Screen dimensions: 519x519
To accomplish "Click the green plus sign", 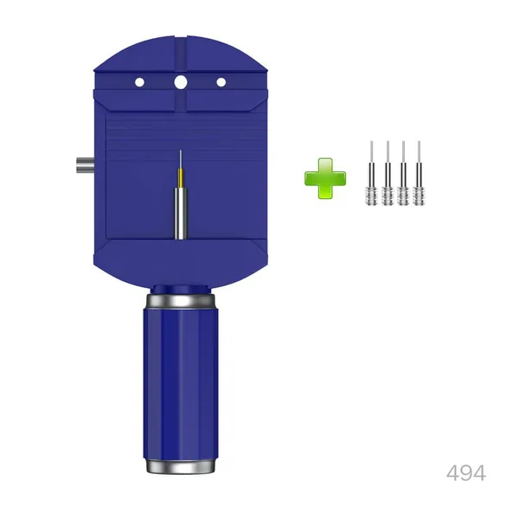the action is click(x=325, y=178).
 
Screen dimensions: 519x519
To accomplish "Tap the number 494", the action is click(x=466, y=473).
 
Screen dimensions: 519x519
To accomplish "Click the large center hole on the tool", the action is click(x=181, y=82).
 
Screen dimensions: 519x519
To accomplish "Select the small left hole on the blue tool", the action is click(x=139, y=82).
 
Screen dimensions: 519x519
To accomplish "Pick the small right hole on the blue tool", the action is click(x=221, y=82).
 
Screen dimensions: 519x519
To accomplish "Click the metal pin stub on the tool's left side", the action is click(x=86, y=165).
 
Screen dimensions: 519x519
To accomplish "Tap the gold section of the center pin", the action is click(x=181, y=178).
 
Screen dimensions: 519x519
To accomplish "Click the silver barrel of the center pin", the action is click(x=181, y=214).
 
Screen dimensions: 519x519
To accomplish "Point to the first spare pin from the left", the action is click(x=371, y=173).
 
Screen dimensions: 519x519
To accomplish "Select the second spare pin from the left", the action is click(x=388, y=173).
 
